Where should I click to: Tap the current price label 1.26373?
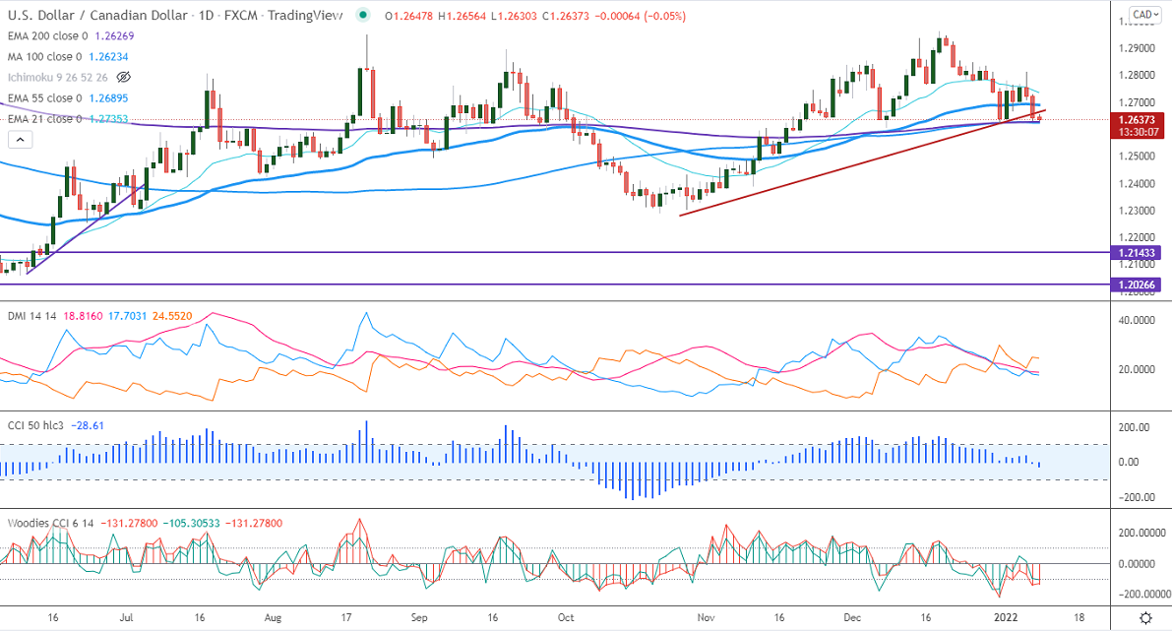pyautogui.click(x=1139, y=119)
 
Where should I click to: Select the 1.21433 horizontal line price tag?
pyautogui.click(x=1139, y=253)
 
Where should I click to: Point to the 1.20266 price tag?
pyautogui.click(x=1139, y=284)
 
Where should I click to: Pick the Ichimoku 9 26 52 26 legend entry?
pyautogui.click(x=56, y=77)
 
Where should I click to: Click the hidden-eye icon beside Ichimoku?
pyautogui.click(x=124, y=77)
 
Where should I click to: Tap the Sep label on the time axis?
pyautogui.click(x=419, y=617)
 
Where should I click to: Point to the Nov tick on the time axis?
pyautogui.click(x=706, y=617)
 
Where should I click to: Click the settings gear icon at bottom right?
pyautogui.click(x=1146, y=617)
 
